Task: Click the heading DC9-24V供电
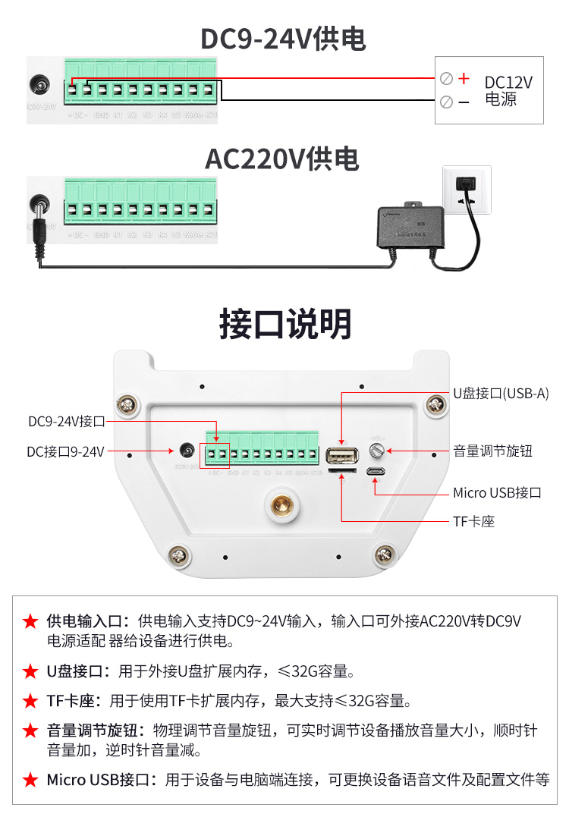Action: tap(282, 39)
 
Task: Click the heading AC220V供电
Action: tap(282, 159)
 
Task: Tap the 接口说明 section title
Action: tap(285, 324)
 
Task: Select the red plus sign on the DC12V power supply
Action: tap(465, 78)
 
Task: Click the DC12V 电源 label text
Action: tap(508, 90)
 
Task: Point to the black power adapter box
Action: tap(410, 226)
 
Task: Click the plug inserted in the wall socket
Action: tap(462, 184)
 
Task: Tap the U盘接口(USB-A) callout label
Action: tap(501, 393)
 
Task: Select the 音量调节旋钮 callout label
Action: tap(493, 451)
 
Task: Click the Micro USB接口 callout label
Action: tap(497, 492)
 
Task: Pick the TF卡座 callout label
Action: tap(473, 521)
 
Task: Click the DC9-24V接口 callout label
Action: tap(66, 421)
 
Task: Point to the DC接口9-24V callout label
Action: tap(65, 451)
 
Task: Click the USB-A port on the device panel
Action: tap(342, 457)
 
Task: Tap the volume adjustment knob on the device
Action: tap(376, 451)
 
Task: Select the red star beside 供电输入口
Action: tap(30, 621)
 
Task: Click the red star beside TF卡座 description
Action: tap(30, 700)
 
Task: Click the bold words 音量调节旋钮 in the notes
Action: tap(91, 730)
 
